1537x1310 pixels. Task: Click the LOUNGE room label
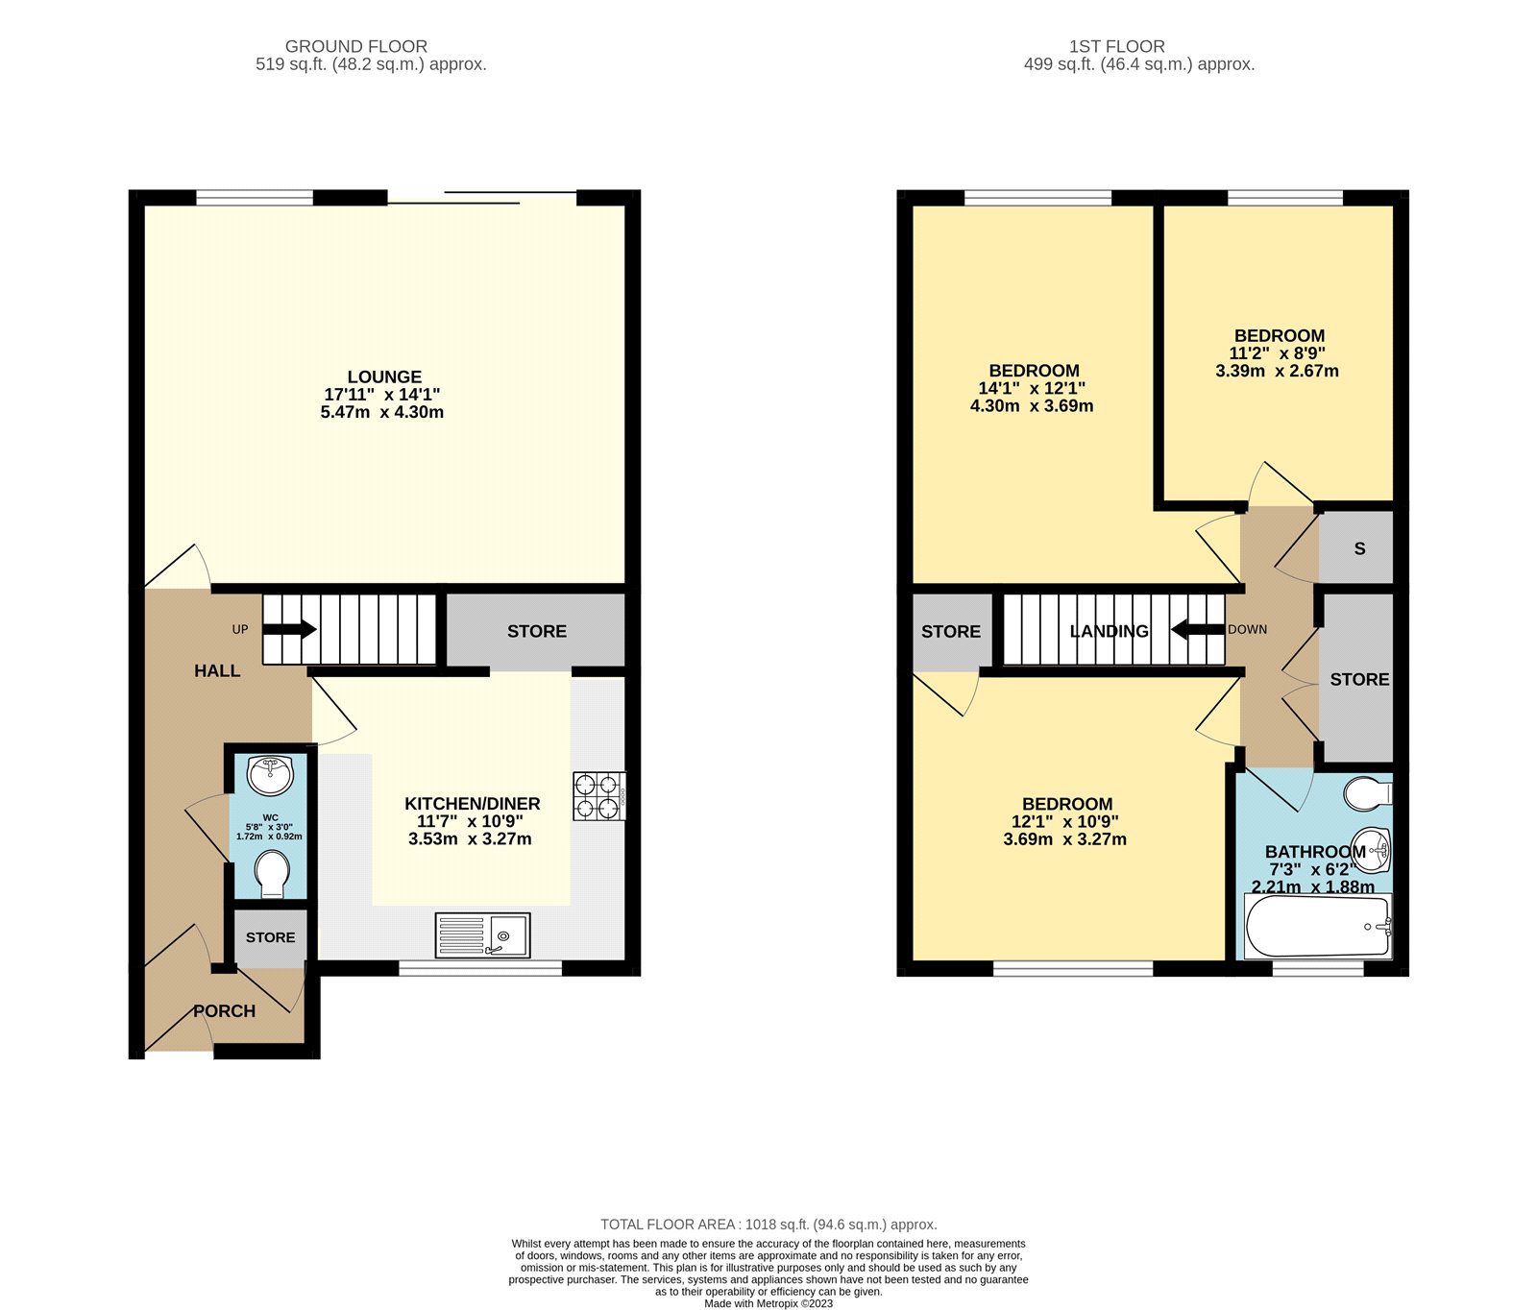coord(384,377)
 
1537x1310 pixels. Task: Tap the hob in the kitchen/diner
coord(598,796)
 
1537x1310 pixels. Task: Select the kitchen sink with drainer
coord(482,934)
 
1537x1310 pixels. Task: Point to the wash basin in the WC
coord(271,775)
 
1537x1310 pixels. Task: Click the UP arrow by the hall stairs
coord(290,630)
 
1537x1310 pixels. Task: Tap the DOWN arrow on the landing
coord(1196,630)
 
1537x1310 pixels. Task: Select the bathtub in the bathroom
coord(1317,927)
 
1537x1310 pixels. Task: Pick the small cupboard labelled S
coord(1358,548)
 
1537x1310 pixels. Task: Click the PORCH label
coord(224,1011)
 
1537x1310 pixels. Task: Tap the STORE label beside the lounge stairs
coord(536,631)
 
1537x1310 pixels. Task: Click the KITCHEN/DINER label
coord(472,804)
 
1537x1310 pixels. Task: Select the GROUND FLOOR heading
coord(355,46)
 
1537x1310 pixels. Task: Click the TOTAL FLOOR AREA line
coord(768,1224)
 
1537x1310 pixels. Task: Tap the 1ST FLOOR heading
coord(1116,46)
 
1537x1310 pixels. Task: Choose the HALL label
coord(217,670)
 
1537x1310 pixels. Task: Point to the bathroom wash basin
coord(1372,847)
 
